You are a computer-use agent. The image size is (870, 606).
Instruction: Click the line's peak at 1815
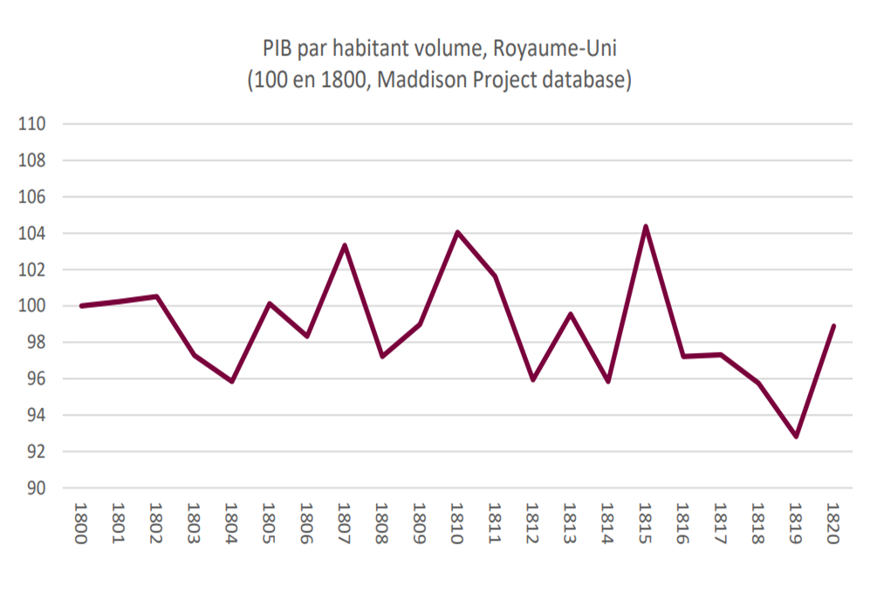(645, 227)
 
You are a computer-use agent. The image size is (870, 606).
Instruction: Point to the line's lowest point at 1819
(796, 436)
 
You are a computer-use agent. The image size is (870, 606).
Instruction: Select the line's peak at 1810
(457, 232)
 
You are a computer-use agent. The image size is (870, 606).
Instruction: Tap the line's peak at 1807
(344, 245)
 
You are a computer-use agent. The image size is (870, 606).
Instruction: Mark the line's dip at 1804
(231, 381)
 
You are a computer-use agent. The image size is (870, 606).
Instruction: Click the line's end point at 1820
(833, 326)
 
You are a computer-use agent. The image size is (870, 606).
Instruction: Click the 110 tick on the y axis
(31, 124)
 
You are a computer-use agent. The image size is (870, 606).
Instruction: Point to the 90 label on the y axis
(33, 488)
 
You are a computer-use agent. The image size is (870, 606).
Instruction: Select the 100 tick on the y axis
(31, 306)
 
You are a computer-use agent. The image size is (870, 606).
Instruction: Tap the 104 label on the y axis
(31, 234)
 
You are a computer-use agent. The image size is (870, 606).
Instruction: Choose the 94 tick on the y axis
(33, 415)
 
